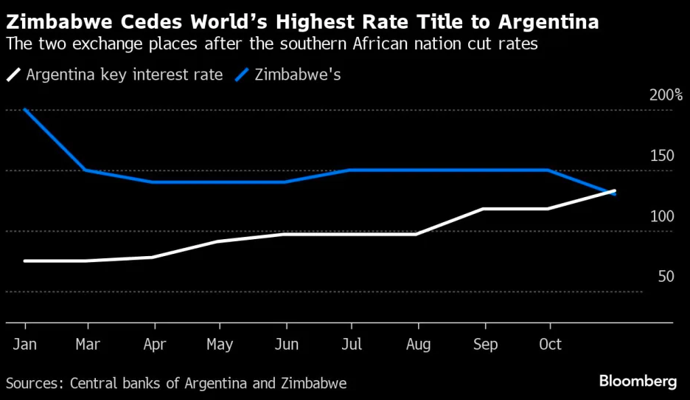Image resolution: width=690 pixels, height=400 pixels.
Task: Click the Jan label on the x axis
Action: point(26,345)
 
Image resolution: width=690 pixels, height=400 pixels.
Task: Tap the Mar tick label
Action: point(88,345)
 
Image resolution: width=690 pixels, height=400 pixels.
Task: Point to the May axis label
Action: point(220,345)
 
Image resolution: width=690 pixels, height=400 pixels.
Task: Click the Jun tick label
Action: point(285,345)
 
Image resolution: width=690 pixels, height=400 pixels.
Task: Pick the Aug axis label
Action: point(418,345)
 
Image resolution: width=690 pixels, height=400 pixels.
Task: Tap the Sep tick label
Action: point(484,345)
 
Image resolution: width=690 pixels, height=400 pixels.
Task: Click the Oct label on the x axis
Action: point(550,345)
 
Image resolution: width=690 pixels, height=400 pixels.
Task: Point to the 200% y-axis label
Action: point(666,95)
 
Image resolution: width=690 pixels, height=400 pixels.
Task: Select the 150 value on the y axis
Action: point(661,156)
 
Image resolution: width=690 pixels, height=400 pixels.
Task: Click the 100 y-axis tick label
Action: point(661,216)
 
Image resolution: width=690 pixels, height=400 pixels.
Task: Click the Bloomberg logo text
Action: point(638,382)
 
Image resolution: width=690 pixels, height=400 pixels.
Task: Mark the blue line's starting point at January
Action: point(26,109)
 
